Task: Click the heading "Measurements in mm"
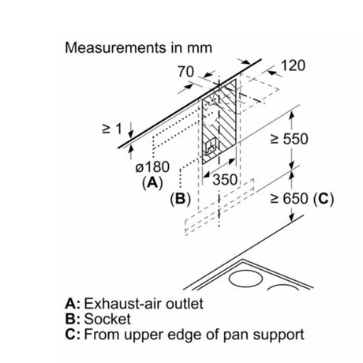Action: tap(138, 48)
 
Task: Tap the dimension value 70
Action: tap(185, 72)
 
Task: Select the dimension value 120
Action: tap(294, 65)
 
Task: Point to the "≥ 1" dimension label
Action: tap(112, 129)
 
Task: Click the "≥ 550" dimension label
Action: tap(289, 139)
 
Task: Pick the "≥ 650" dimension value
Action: tap(289, 199)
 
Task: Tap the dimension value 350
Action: tap(225, 180)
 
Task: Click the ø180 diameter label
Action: tap(152, 167)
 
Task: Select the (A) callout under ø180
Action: tap(152, 182)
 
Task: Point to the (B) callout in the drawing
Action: tap(180, 199)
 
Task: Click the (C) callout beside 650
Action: tap(324, 199)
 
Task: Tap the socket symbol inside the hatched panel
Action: tap(211, 147)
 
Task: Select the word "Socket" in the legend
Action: tap(107, 319)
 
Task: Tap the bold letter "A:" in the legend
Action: tap(73, 304)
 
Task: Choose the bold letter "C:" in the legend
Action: tap(73, 335)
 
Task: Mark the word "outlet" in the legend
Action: tap(185, 304)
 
